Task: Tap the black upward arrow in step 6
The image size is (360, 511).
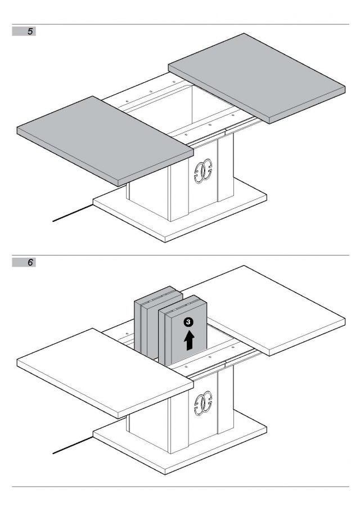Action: click(x=190, y=341)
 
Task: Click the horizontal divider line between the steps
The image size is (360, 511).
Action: click(x=180, y=254)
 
